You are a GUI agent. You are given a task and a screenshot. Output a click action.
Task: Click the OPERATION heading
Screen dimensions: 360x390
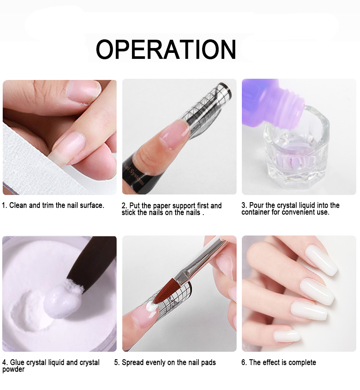[x=166, y=49]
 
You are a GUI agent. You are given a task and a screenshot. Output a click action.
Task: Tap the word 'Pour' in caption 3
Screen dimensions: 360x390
[x=256, y=205]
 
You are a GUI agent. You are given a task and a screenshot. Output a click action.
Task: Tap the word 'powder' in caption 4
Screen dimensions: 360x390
[x=13, y=369]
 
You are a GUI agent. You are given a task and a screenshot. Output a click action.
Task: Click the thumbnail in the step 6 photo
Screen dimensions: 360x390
[x=287, y=336]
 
